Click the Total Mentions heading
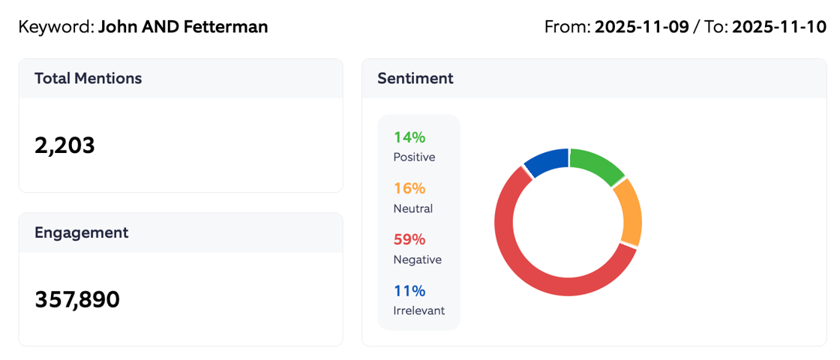(88, 78)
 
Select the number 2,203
(64, 145)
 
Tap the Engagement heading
(81, 232)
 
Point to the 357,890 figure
(77, 299)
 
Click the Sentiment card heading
(415, 78)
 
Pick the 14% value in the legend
(409, 137)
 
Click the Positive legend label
(414, 157)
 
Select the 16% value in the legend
(409, 188)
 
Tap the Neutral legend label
(412, 208)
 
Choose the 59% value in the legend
(409, 239)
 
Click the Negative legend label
(417, 259)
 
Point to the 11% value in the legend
(409, 290)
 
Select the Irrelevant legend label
(418, 310)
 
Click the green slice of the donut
(598, 164)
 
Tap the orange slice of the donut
(629, 213)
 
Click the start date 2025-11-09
(641, 28)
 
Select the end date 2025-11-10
(778, 28)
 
